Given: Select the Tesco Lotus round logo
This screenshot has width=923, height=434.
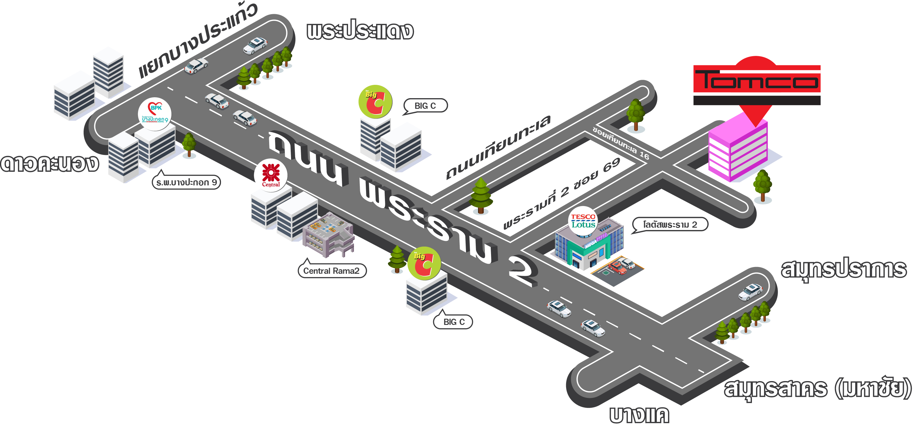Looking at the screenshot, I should coord(583,221).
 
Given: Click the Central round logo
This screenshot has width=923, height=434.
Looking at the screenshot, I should coord(271,175).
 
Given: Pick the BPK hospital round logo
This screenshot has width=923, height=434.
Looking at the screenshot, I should coord(155,114).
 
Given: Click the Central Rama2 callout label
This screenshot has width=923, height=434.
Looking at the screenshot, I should coord(332,271).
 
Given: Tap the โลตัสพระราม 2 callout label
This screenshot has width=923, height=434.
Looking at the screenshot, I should coord(670,224).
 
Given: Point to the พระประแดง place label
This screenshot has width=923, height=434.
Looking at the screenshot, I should coord(360,30).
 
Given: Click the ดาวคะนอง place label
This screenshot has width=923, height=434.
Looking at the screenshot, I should coord(49,163).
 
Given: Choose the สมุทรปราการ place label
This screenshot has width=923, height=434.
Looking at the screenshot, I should coord(844,269).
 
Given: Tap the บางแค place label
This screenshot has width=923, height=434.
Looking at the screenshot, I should coord(639,415).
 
